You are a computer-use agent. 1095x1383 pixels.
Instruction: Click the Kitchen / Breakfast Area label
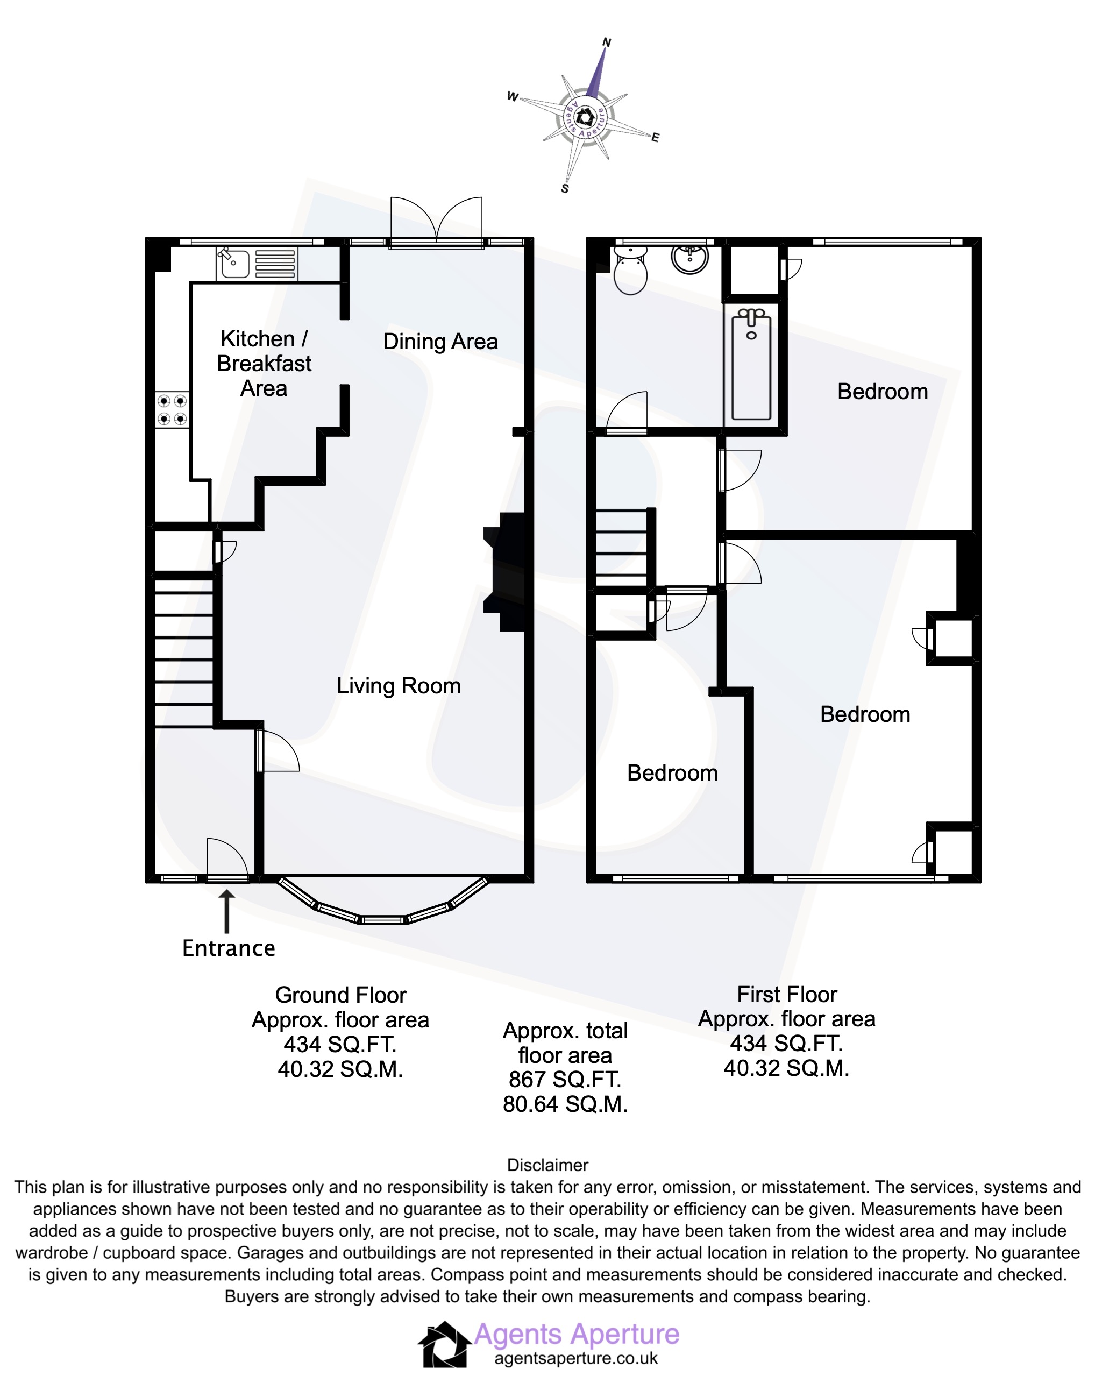(x=264, y=364)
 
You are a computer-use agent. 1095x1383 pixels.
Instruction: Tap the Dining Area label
(x=440, y=341)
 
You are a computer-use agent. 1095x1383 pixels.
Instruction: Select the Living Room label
(x=398, y=685)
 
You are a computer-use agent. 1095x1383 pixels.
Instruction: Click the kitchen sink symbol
(x=234, y=263)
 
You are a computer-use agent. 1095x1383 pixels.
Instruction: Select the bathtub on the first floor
(x=751, y=364)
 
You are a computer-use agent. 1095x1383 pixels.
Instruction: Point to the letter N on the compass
(x=607, y=42)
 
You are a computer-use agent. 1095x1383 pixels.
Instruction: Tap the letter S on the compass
(x=564, y=188)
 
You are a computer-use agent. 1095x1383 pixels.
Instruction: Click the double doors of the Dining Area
(x=437, y=221)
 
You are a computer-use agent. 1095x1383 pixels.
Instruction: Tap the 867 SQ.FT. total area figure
(x=564, y=1080)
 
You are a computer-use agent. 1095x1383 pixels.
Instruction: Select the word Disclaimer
(x=547, y=1165)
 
